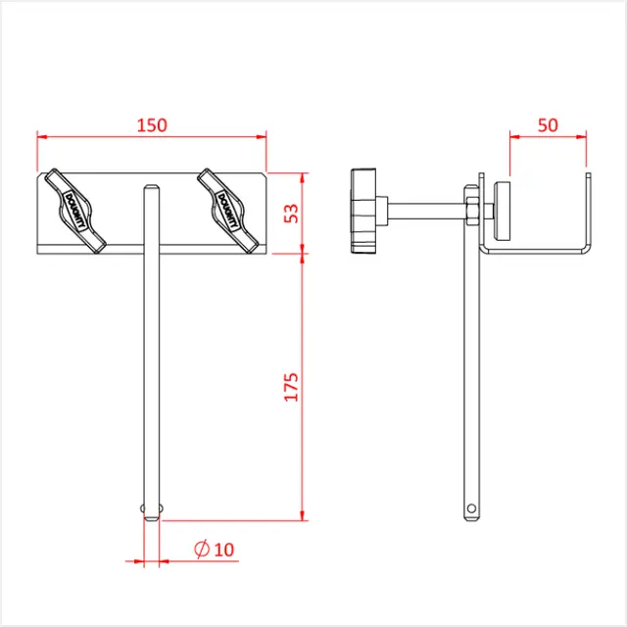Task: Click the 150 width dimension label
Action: click(x=152, y=124)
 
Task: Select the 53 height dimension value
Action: click(x=291, y=213)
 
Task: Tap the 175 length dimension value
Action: click(x=291, y=386)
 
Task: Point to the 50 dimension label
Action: click(x=548, y=124)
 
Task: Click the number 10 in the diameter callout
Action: click(x=223, y=550)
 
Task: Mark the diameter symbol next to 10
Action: click(x=201, y=550)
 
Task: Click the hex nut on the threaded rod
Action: click(x=471, y=209)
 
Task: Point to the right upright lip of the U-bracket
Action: click(x=590, y=211)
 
